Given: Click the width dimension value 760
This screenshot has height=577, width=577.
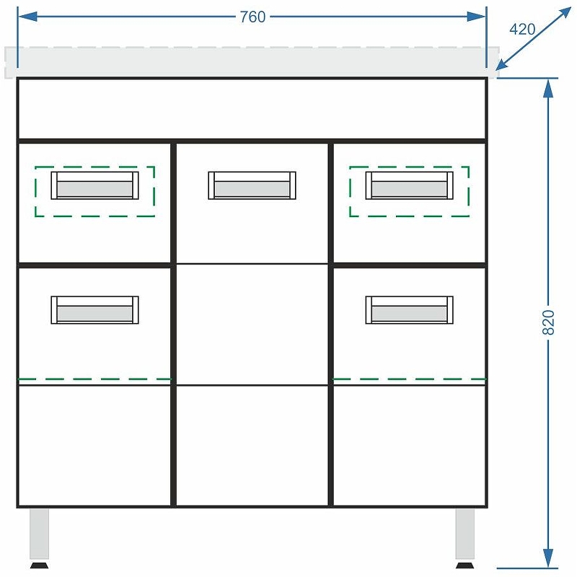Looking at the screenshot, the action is tap(252, 17).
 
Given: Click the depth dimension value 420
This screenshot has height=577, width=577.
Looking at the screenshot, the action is tap(522, 29).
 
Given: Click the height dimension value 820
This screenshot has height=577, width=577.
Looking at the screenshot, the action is tap(548, 322).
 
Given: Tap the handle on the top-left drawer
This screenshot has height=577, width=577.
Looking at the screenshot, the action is tap(95, 185).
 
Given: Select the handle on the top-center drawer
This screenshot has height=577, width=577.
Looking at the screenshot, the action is tap(252, 185).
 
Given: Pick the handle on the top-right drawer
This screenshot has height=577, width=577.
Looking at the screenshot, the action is tap(410, 185).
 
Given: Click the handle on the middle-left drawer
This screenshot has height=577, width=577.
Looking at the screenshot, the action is tap(95, 310).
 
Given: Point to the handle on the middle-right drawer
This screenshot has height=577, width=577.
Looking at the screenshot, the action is tap(410, 310).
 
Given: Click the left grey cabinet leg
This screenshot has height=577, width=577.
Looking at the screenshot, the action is tap(40, 534).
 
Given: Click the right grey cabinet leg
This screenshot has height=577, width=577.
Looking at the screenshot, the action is tap(464, 534).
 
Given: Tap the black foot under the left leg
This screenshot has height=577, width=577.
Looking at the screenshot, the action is tap(40, 565).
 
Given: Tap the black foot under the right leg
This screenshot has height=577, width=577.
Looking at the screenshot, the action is tap(464, 565).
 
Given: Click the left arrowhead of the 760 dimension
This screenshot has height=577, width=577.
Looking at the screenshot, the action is tap(27, 17).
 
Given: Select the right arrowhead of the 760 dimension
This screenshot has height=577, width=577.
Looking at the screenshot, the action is tap(476, 17).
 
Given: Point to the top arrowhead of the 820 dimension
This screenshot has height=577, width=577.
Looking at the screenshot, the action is tap(548, 88).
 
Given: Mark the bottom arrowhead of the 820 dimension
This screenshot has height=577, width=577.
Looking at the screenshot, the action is tap(548, 558).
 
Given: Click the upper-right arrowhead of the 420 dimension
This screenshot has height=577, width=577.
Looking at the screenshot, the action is tap(564, 13).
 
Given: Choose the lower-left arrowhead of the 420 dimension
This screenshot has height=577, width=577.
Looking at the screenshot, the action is tap(502, 63).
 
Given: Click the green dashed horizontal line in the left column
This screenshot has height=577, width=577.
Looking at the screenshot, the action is tap(94, 379).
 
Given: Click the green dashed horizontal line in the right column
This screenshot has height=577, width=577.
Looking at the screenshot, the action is tap(410, 379).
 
